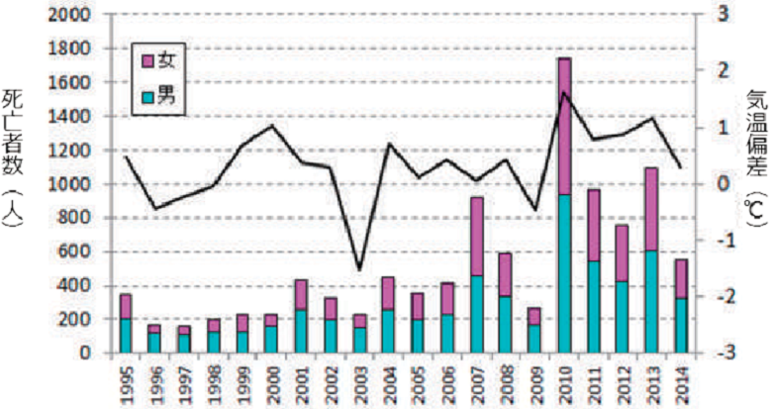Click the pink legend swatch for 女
[x=147, y=61]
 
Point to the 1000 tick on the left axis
[x=72, y=184]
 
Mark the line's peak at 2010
[x=564, y=92]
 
